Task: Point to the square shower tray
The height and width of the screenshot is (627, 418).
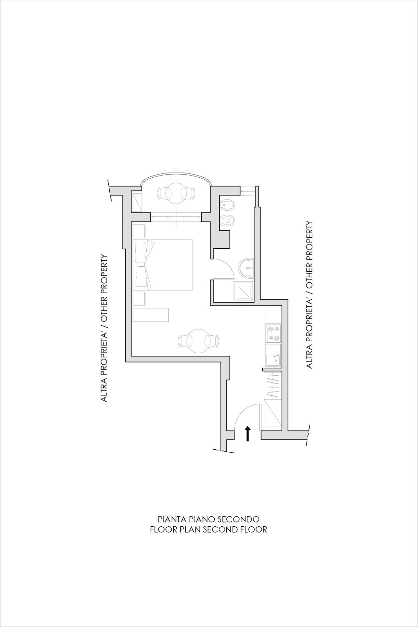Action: coord(243,291)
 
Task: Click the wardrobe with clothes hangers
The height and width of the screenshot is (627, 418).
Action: coord(273,385)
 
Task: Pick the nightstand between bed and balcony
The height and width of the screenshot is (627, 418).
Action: coord(139,231)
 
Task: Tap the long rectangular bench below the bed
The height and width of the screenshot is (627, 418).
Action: coord(151,315)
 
